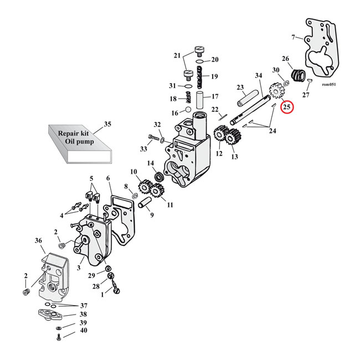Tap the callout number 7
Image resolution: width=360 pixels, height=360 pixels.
click(x=293, y=38)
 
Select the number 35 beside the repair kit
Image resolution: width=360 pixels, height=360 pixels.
click(x=107, y=124)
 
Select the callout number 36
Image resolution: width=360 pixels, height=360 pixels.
click(x=38, y=240)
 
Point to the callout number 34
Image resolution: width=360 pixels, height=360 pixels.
click(x=258, y=75)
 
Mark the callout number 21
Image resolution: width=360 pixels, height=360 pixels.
click(x=177, y=55)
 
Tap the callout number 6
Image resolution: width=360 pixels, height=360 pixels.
click(x=109, y=178)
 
